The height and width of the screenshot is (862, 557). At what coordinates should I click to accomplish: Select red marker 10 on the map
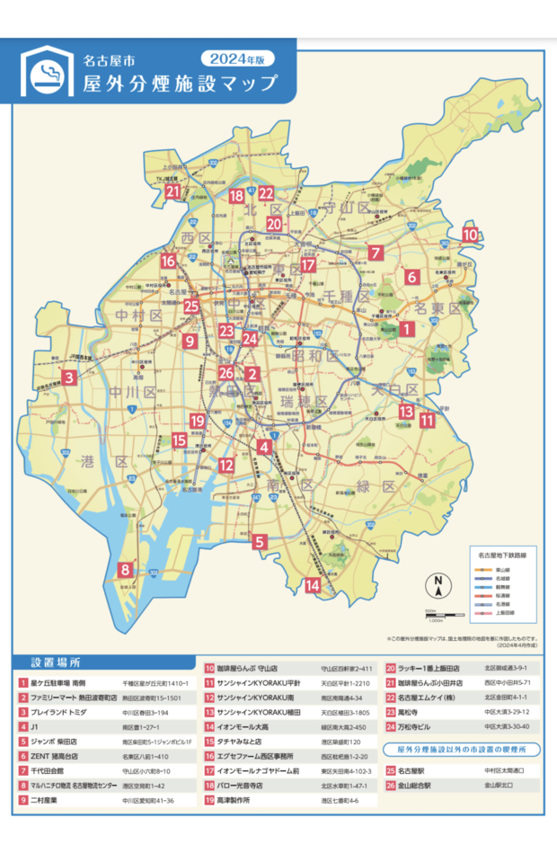[470, 235]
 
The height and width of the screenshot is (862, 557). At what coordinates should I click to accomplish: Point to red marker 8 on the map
[125, 569]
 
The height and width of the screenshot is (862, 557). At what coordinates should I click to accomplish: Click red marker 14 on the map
[313, 586]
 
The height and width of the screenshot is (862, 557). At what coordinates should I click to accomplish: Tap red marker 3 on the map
[69, 378]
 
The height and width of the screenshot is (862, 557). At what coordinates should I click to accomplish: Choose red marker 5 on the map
[260, 542]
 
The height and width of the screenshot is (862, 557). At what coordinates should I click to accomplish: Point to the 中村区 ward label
[139, 315]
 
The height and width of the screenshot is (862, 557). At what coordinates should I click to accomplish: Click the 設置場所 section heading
[57, 662]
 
